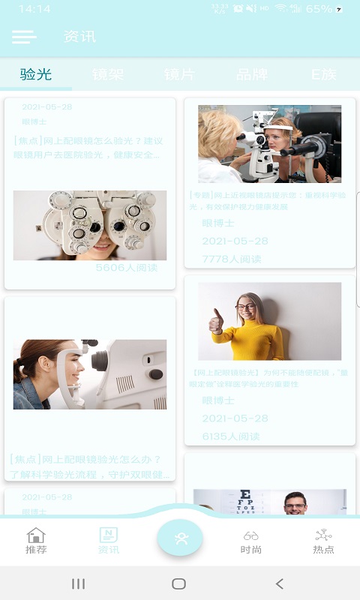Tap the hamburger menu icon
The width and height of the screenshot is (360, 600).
[x=24, y=37]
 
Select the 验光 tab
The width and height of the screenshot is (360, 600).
[x=36, y=74]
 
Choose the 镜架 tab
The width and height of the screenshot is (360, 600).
[x=108, y=74]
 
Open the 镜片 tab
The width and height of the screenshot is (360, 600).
[x=180, y=74]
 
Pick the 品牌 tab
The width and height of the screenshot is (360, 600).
[x=252, y=74]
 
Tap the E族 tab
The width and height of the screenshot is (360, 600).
[x=324, y=74]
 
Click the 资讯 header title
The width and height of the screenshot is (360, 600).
[x=80, y=37]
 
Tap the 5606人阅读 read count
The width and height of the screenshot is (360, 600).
[x=127, y=268]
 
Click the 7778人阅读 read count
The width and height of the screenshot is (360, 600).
[x=232, y=259]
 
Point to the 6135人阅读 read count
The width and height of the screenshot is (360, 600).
[x=232, y=436]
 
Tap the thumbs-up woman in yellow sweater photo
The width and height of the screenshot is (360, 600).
[x=269, y=321]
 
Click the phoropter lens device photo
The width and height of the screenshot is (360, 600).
[x=90, y=225]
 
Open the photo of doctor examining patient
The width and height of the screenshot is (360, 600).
[x=269, y=144]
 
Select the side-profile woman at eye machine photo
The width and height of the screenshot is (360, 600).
[x=90, y=374]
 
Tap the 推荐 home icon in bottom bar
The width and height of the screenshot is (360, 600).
[x=36, y=540]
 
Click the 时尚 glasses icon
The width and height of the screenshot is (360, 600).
[x=251, y=540]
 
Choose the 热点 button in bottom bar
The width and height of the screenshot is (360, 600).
[x=323, y=540]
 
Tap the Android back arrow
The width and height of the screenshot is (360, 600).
[x=279, y=583]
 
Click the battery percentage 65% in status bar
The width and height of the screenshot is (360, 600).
[x=319, y=9]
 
